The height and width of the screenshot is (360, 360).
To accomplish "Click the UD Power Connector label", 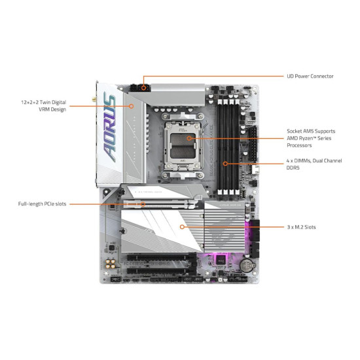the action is [310, 76].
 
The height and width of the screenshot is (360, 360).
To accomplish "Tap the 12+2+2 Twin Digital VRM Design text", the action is [44, 105].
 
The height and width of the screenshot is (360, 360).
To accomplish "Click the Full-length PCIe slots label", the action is [42, 204].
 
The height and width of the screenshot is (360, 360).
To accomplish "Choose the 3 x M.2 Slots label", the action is [301, 227].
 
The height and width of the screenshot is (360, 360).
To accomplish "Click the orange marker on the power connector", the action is [144, 88].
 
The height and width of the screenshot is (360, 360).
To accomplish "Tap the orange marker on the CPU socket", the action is [189, 138].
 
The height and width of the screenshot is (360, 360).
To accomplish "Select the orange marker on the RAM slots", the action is [225, 164].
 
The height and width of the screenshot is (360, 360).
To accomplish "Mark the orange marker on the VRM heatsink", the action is [131, 106].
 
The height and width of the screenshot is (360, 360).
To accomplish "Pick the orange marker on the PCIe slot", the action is [143, 204].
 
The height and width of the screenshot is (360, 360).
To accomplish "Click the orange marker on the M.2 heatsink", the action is [182, 227].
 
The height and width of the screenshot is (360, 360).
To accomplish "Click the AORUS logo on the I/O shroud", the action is [110, 127].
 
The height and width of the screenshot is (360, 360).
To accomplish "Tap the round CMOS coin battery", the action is [247, 265].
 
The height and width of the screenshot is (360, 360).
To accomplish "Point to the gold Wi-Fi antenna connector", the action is [94, 99].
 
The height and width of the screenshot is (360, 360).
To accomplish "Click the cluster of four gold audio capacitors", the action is [111, 264].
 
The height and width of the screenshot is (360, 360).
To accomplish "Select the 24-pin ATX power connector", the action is [253, 144].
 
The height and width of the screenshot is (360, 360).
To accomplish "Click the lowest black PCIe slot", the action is [162, 271].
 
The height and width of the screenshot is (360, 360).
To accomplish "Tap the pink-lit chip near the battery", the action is [221, 260].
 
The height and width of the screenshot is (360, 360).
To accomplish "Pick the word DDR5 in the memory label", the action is [293, 168].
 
